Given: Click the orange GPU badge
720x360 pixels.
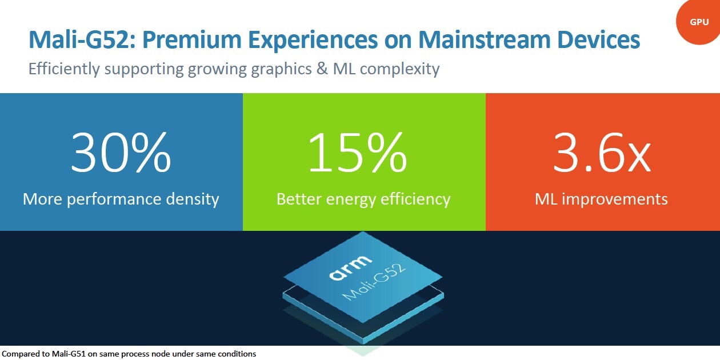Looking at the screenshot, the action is coord(699,22).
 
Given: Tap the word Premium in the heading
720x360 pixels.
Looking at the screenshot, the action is coord(192,39).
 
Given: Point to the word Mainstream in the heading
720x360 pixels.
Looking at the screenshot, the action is coord(485,39).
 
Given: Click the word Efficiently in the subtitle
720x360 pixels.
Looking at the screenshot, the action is coord(64,69).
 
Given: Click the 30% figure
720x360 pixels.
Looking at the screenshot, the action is coord(121,153).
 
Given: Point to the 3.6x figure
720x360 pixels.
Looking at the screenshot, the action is coord(602,153).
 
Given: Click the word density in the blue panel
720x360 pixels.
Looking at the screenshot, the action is coord(193,199).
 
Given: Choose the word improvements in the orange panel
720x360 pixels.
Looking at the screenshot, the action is coord(615,199).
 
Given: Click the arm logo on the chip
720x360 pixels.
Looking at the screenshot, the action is coord(350,267).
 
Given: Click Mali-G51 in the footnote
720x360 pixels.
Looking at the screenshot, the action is coord(69,354).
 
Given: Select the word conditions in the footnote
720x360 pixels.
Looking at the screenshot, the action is coord(237,354).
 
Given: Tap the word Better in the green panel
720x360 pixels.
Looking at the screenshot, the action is coord(299,199).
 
